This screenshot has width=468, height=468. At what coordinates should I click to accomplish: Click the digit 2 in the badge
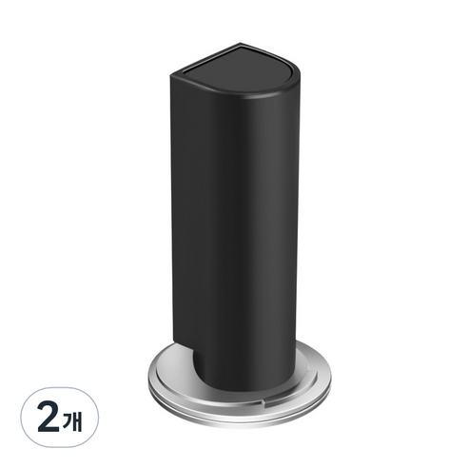[49, 419]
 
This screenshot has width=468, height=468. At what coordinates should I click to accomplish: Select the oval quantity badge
[59, 417]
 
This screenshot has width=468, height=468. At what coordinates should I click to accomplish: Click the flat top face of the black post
[240, 68]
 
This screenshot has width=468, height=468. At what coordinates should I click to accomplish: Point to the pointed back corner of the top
[240, 43]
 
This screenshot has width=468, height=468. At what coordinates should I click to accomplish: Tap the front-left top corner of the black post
[171, 76]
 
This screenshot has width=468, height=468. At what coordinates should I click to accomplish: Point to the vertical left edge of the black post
[171, 206]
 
